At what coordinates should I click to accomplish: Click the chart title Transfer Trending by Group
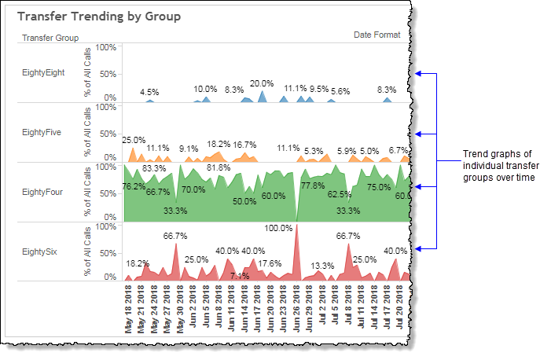pyautogui.click(x=98, y=16)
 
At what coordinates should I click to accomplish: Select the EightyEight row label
pyautogui.click(x=43, y=73)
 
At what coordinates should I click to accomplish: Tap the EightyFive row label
pyautogui.click(x=42, y=132)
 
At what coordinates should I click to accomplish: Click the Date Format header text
pyautogui.click(x=377, y=35)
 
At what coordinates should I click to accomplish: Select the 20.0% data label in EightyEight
pyautogui.click(x=262, y=83)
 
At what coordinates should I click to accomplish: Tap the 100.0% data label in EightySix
pyautogui.click(x=278, y=228)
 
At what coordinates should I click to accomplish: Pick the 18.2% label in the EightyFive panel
pyautogui.click(x=219, y=144)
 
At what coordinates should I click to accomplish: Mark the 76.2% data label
pyautogui.click(x=134, y=186)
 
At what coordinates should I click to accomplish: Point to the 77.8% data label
pyautogui.click(x=313, y=186)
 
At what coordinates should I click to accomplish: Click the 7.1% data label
pyautogui.click(x=240, y=276)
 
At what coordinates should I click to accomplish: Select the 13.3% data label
pyautogui.click(x=322, y=266)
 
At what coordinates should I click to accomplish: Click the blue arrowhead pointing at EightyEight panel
pyautogui.click(x=420, y=74)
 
